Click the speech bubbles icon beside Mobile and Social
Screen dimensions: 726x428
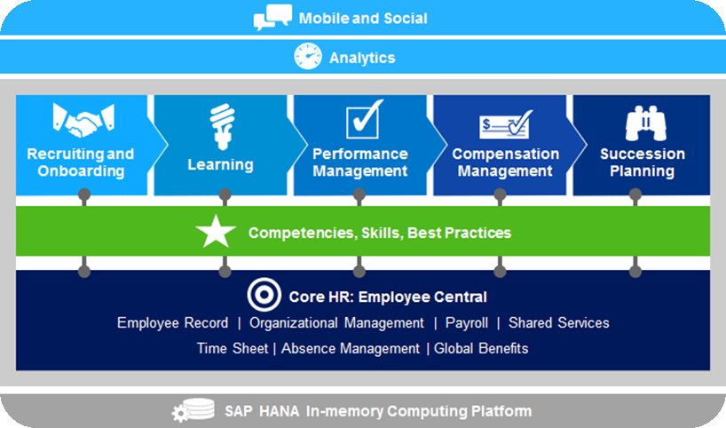point(272,17)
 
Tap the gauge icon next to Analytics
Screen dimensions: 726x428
point(308,57)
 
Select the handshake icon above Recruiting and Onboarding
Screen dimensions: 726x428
point(83,121)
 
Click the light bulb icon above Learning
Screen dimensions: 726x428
point(222,126)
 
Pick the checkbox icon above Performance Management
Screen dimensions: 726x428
point(365,119)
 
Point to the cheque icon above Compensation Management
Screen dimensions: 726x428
point(506,124)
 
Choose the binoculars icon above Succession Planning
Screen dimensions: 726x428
point(646,123)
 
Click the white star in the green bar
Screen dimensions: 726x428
point(216,231)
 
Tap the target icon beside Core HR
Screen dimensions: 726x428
point(264,295)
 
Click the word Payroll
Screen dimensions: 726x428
point(467,323)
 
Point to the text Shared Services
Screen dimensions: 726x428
point(559,322)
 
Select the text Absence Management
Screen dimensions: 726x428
point(351,348)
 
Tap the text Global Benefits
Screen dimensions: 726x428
point(481,348)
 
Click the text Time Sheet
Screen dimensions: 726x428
point(233,348)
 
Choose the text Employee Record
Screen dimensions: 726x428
point(173,323)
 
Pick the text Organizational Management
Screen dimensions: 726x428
point(336,323)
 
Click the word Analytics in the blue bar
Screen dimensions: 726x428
point(362,58)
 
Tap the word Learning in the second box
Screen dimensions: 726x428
point(220,165)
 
